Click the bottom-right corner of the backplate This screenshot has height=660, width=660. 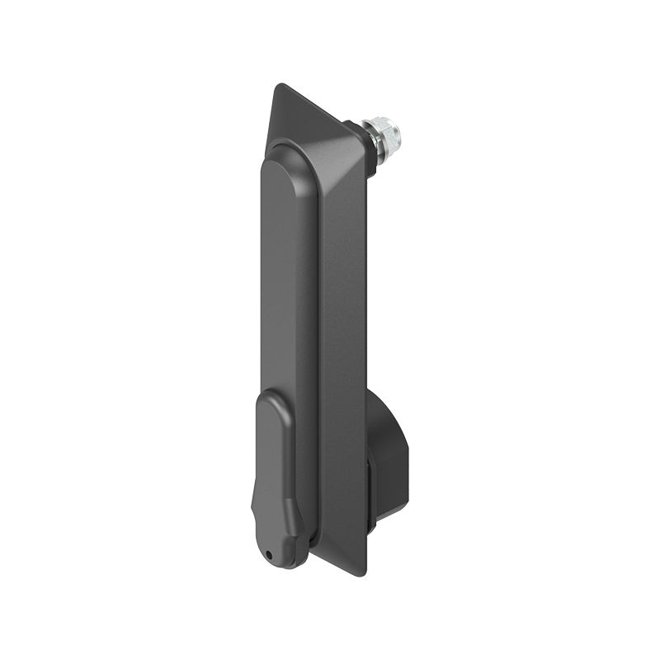coord(361,575)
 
